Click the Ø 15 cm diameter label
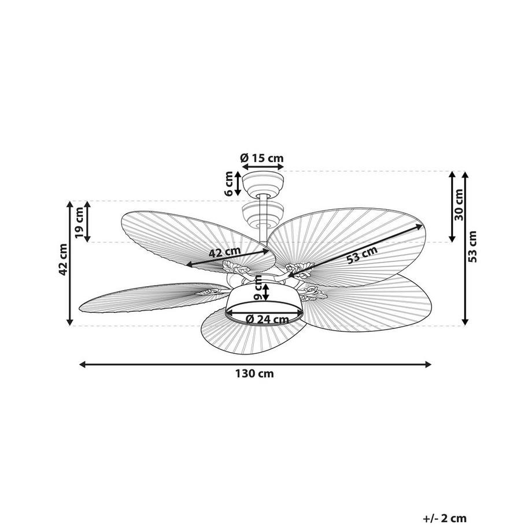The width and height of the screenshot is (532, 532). tap(261, 157)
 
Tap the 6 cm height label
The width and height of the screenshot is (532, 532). tap(228, 183)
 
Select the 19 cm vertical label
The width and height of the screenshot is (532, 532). tap(79, 221)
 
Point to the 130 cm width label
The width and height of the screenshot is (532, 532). tap(254, 374)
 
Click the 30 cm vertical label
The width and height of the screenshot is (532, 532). tap(459, 206)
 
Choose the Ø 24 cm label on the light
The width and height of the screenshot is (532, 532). tap(267, 319)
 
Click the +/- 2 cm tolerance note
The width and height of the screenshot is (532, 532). tap(444, 519)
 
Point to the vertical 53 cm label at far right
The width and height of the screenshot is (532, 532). tap(473, 247)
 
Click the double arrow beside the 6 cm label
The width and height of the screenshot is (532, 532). tap(238, 183)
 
